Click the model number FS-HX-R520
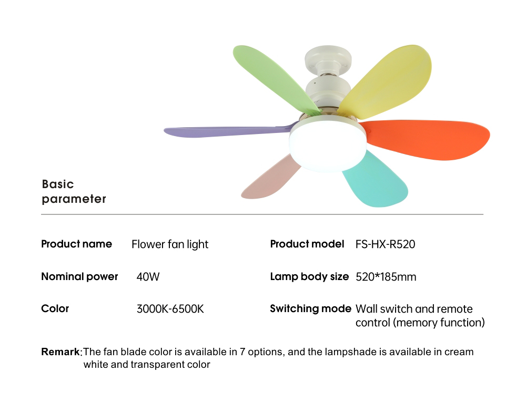tap(385, 244)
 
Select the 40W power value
tap(148, 277)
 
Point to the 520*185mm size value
tap(386, 277)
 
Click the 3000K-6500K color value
tap(170, 309)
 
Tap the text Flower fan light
tap(170, 244)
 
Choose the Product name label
tap(76, 244)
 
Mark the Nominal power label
tap(79, 276)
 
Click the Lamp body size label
tap(309, 276)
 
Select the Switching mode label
tap(310, 309)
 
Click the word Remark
tap(60, 352)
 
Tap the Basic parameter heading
tap(74, 191)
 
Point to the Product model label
tap(307, 244)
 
